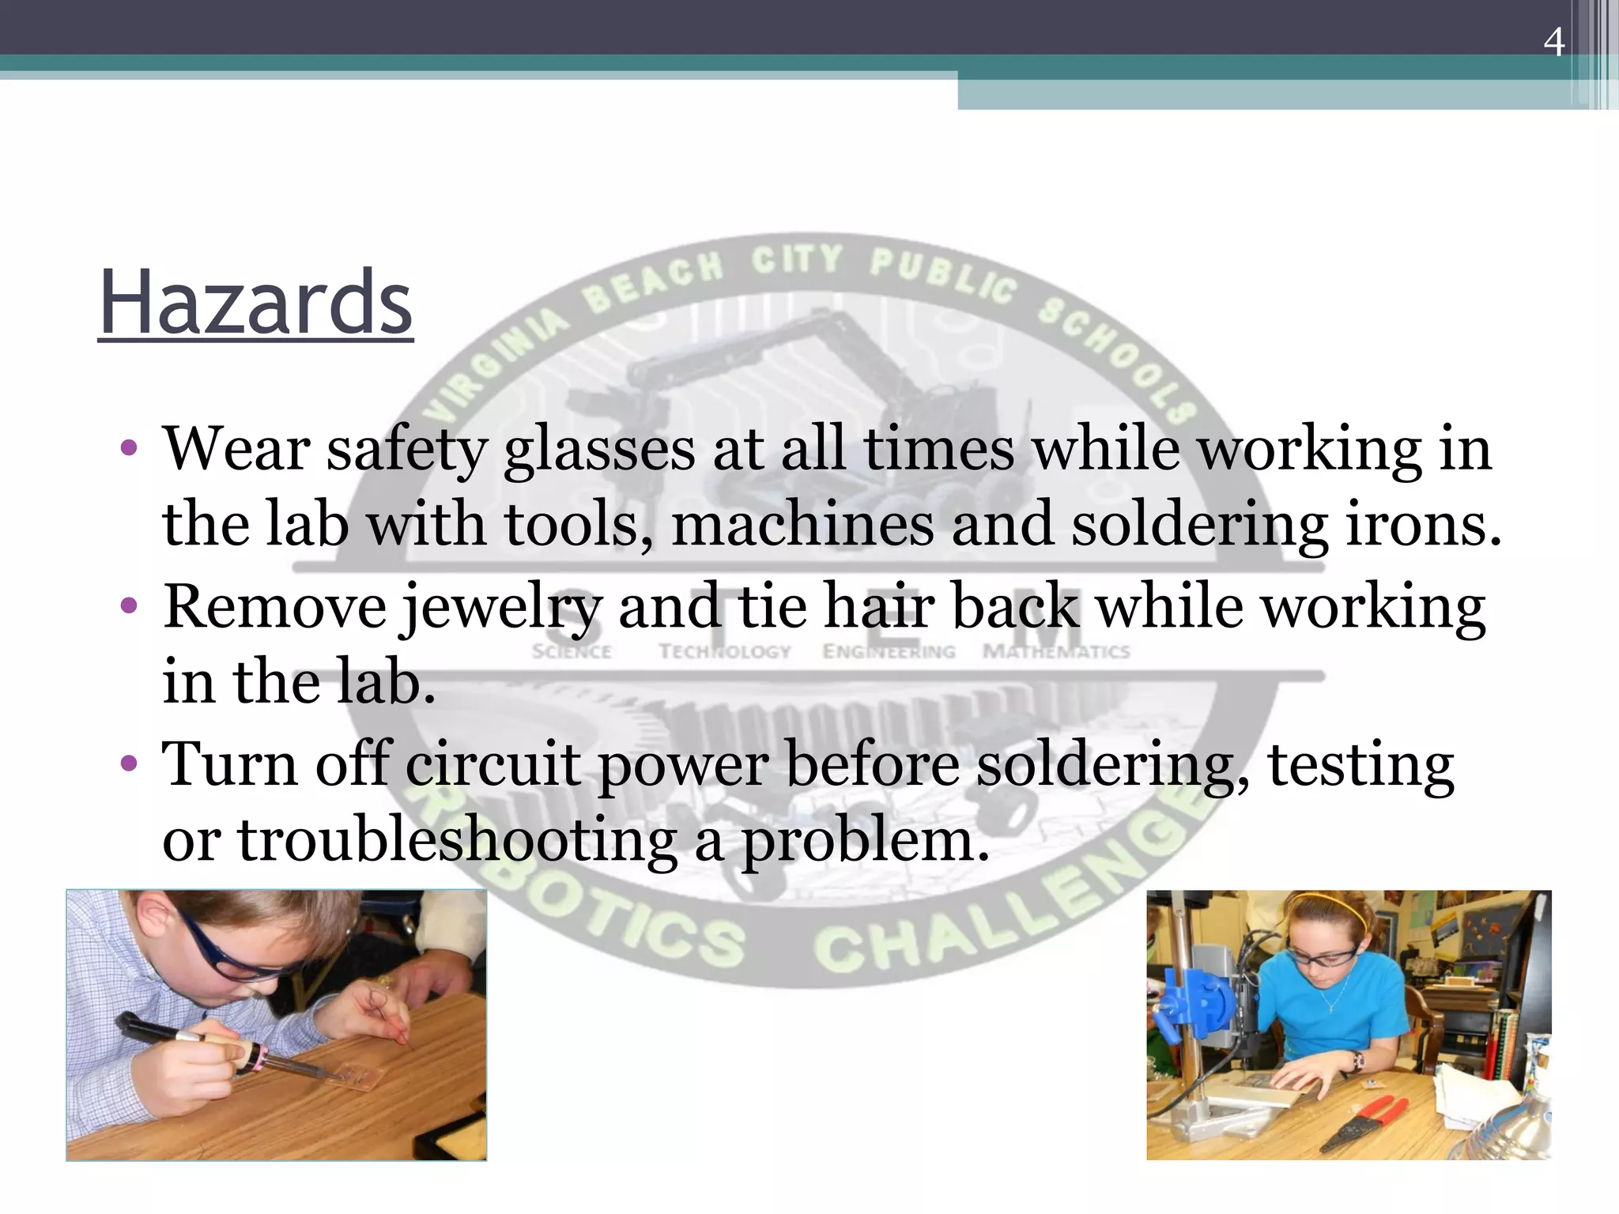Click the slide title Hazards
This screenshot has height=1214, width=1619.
click(x=255, y=303)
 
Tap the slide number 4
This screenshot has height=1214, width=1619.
click(x=1553, y=43)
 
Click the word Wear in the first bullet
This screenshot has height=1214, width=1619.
click(x=236, y=450)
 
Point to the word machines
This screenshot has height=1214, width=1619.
click(x=802, y=525)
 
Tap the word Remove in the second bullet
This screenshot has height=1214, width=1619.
click(x=274, y=607)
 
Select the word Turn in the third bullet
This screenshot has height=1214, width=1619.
click(x=229, y=764)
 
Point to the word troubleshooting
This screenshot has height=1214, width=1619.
click(x=457, y=839)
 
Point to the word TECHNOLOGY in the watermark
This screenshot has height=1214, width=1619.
click(x=725, y=652)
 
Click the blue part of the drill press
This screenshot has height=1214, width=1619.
click(x=1194, y=1012)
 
